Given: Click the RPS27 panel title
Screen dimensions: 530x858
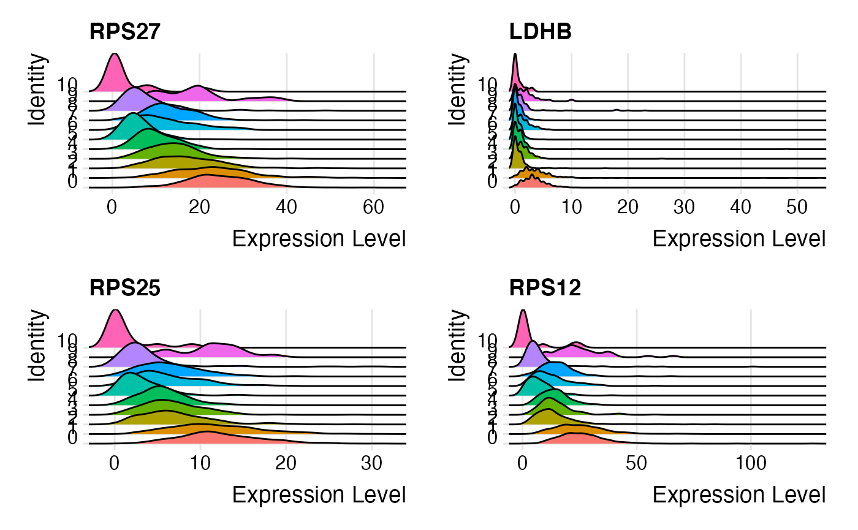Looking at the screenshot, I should tap(125, 32).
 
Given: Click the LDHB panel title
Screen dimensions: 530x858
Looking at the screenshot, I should tap(541, 32).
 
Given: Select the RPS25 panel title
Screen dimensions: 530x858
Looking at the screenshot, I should tap(125, 287).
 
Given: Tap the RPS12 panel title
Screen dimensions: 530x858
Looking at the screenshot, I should tap(545, 287).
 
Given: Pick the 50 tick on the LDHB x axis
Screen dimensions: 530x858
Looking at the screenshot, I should tap(797, 208).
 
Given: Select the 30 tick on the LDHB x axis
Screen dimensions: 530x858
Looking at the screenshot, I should tap(685, 208).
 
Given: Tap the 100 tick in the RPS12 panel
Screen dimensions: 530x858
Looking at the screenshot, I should tap(751, 463).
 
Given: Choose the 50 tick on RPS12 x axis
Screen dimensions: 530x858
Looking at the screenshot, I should tap(637, 463).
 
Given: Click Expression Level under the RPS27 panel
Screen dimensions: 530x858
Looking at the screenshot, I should tap(319, 239).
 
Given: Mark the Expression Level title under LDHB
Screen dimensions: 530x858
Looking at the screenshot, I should tap(739, 239).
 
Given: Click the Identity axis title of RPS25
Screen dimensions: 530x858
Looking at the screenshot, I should tap(37, 346).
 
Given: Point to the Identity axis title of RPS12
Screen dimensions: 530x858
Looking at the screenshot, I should tap(457, 346).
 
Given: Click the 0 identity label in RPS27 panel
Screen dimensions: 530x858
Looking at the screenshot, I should tap(72, 183).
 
